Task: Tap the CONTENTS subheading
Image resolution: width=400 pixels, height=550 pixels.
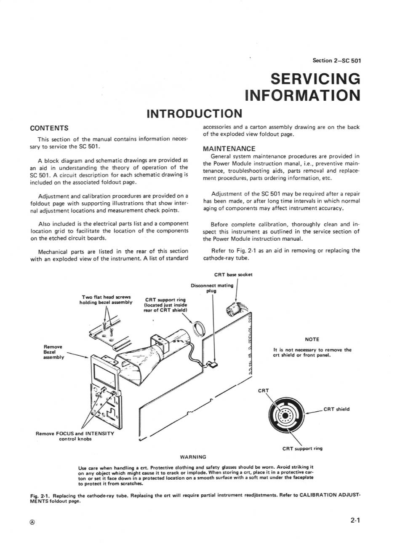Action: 50,128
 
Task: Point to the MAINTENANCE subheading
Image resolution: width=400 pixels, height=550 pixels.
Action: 229,149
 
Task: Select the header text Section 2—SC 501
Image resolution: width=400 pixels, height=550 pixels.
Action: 337,60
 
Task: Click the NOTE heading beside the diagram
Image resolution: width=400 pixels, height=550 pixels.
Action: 312,339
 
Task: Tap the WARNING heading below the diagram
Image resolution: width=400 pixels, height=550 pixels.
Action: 193,457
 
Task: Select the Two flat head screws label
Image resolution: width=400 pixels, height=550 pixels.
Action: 106,300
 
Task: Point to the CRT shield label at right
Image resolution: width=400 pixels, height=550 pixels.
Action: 336,409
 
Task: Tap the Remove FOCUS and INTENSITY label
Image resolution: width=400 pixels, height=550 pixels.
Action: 75,436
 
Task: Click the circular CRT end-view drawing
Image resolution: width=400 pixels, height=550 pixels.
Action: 287,415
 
